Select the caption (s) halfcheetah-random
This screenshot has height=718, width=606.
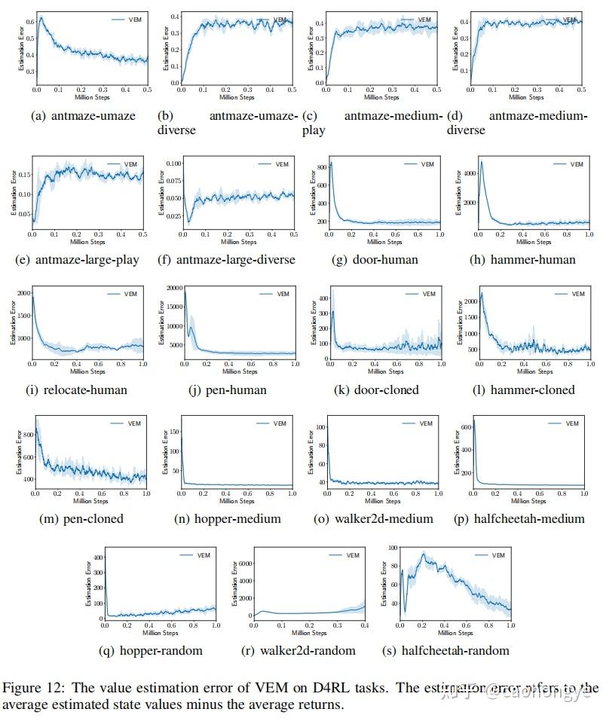(x=448, y=650)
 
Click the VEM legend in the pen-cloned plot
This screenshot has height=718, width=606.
(x=125, y=423)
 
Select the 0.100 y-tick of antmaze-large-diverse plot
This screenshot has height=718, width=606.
(x=173, y=163)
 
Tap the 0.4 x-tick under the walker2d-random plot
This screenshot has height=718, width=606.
(x=364, y=625)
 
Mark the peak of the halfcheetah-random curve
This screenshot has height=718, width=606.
(x=424, y=554)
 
